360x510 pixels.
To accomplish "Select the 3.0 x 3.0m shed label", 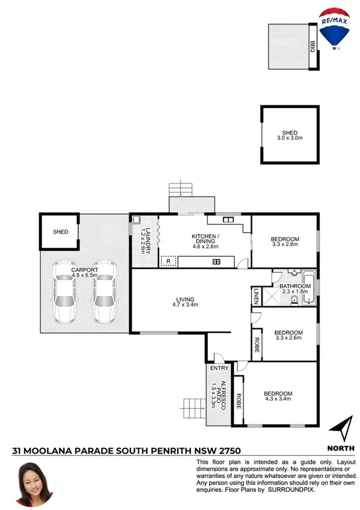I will point(290,135).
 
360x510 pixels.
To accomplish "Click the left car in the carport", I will point(64,292).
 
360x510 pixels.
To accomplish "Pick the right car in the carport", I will point(104,292).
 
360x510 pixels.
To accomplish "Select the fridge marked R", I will point(168,261).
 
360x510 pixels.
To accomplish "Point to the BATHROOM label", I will point(295,286).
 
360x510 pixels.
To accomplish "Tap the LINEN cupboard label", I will point(255,295).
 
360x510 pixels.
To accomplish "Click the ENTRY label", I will point(216,369).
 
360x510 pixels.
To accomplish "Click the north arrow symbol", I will point(340,429).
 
